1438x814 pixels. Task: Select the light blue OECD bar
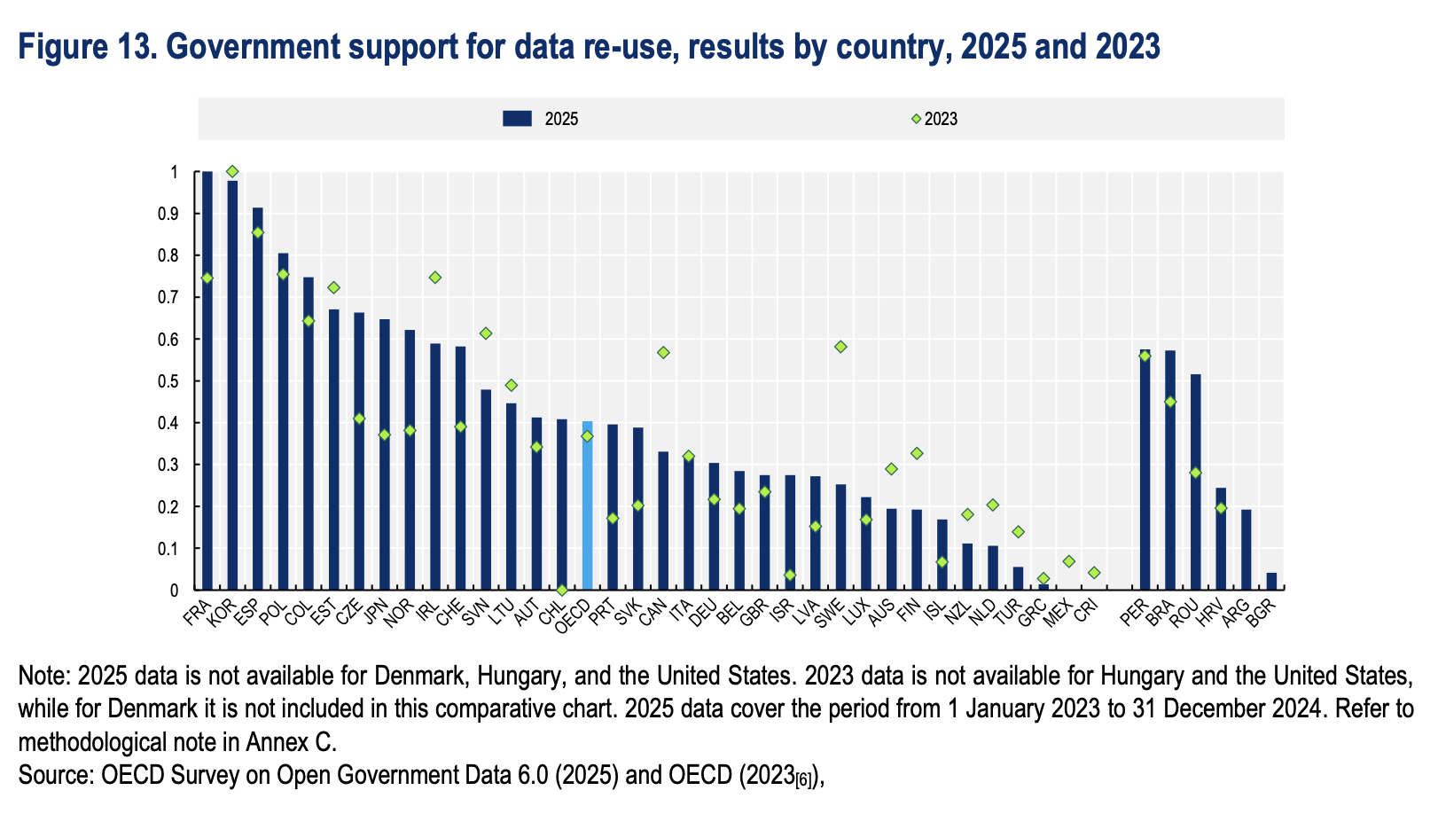tap(587, 505)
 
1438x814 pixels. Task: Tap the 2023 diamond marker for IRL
tap(434, 278)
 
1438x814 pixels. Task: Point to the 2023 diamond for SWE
tap(840, 347)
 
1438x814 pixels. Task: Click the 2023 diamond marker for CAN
tap(663, 353)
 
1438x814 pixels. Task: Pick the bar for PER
tap(1145, 470)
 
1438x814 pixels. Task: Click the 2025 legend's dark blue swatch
tap(516, 118)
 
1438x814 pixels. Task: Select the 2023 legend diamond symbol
tap(917, 118)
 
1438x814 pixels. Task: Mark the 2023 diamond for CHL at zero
tap(561, 590)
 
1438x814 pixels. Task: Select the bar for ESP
tap(258, 399)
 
